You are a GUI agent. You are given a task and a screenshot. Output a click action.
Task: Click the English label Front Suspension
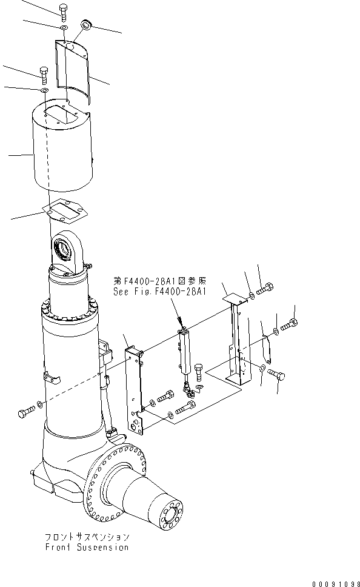[x=87, y=547]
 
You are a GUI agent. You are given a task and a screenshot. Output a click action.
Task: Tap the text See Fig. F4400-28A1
[x=160, y=291]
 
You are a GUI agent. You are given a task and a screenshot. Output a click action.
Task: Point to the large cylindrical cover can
[x=61, y=149]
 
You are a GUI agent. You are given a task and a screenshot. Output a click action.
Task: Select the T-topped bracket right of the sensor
[x=235, y=340]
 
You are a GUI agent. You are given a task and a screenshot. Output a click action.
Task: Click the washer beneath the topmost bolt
[x=64, y=28]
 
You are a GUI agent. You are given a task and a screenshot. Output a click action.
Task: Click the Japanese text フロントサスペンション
[x=87, y=537]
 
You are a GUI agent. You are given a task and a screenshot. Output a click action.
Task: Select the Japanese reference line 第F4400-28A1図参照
[x=160, y=281]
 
